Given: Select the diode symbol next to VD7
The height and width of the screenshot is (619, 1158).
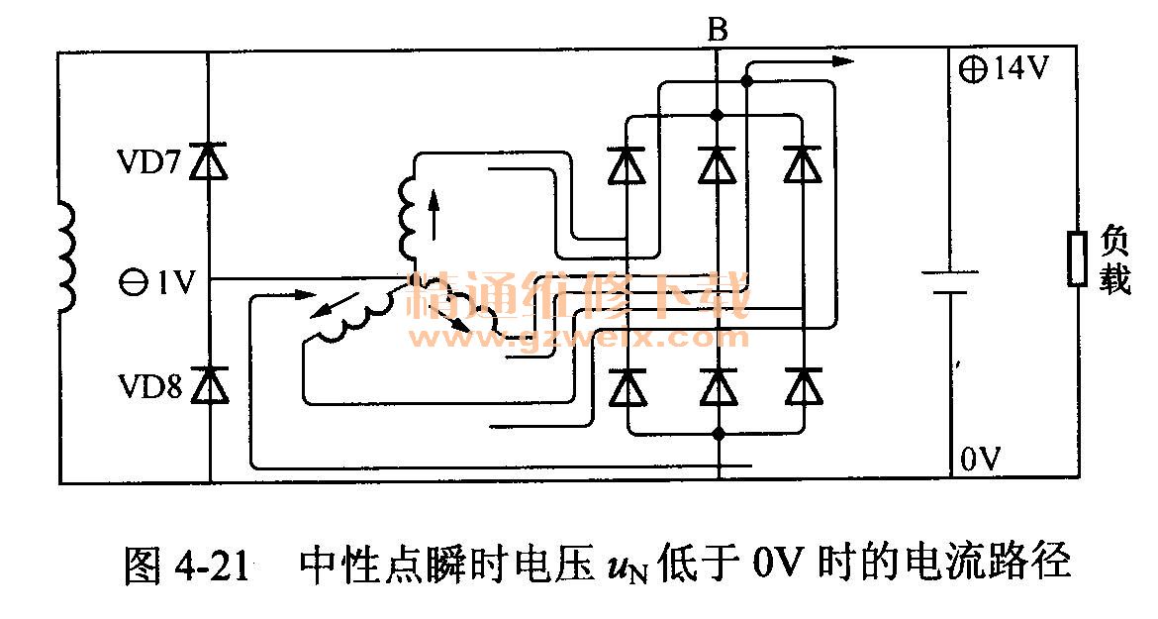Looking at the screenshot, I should click(209, 160).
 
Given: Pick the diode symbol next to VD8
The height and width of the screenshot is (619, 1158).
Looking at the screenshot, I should click(209, 383).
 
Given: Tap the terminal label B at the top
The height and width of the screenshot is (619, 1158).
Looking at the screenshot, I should click(718, 32).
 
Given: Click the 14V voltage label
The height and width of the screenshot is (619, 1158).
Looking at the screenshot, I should click(1006, 71).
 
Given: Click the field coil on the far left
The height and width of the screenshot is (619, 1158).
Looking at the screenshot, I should click(65, 258).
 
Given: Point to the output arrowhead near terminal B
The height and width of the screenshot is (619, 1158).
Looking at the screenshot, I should click(841, 60).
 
